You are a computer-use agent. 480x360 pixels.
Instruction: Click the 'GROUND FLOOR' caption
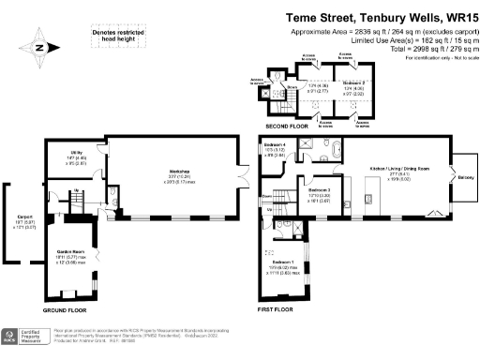65,309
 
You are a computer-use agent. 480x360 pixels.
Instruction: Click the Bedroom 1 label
281,264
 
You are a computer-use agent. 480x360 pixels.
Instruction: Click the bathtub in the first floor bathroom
335,147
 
